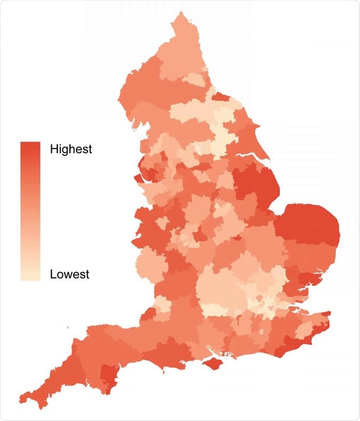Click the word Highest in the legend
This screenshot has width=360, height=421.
(x=71, y=149)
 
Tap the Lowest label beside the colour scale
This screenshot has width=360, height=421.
(x=69, y=275)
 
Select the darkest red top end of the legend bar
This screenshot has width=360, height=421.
(x=30, y=147)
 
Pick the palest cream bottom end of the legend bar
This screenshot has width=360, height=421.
(x=30, y=275)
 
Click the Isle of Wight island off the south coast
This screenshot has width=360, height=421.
(x=214, y=364)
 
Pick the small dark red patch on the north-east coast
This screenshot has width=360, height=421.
(x=220, y=96)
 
